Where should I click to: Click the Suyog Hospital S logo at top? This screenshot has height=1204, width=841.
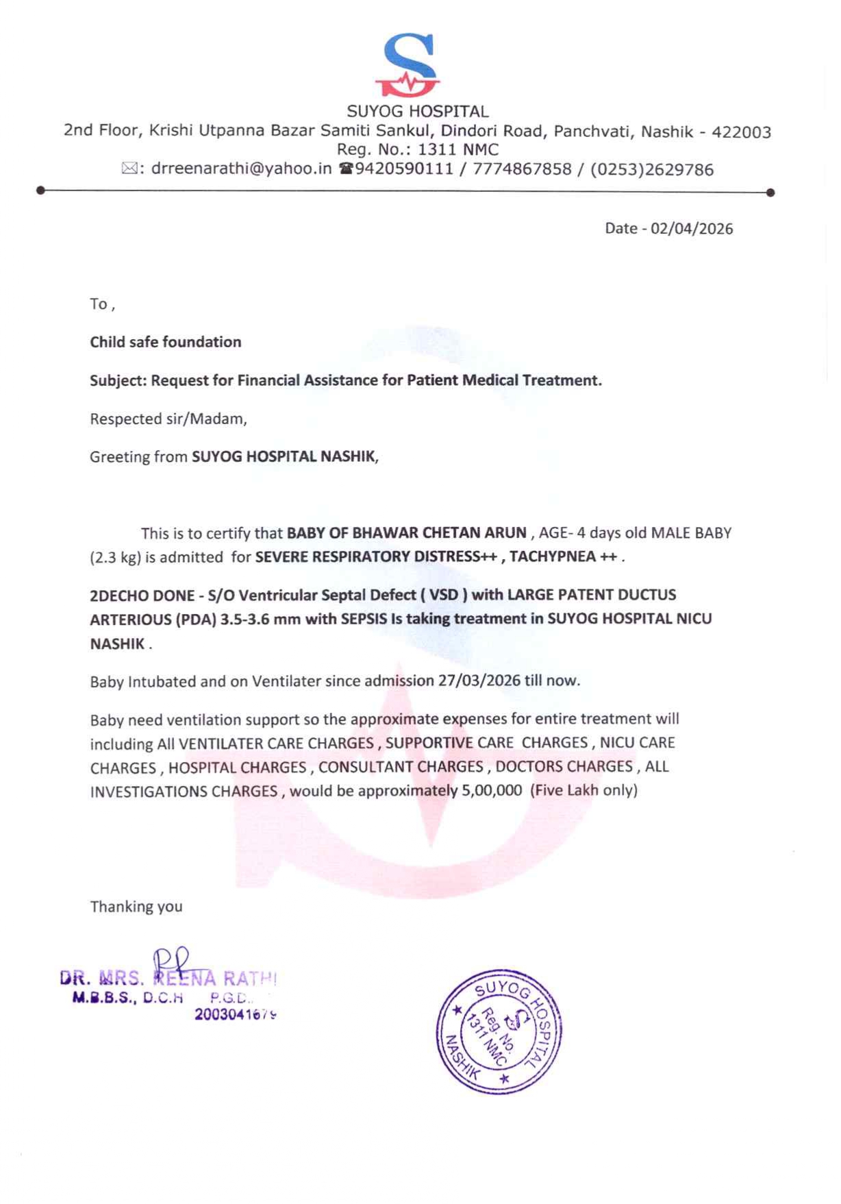[x=407, y=65]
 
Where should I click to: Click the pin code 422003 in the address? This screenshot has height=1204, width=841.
[x=742, y=132]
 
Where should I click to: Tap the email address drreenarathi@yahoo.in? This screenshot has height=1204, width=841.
[x=241, y=169]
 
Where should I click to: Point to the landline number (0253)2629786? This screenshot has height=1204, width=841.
[x=646, y=170]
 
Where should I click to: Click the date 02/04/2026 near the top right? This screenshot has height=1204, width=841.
[x=692, y=229]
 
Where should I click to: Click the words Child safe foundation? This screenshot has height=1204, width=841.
[x=166, y=342]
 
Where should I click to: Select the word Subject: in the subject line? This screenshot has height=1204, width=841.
[x=118, y=380]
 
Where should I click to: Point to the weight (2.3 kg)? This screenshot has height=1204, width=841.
[x=115, y=557]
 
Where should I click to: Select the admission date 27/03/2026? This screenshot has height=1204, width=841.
[x=479, y=680]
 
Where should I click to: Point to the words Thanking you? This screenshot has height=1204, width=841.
[x=136, y=907]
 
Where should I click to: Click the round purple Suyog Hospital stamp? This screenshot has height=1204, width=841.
[x=499, y=1030]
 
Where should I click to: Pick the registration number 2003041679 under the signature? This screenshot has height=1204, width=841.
[x=236, y=1014]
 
